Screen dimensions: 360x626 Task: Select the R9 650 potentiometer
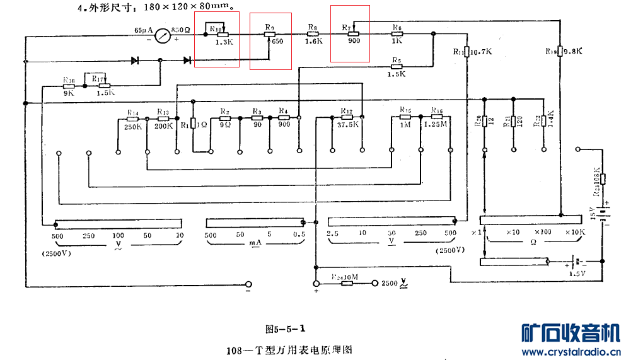click(270, 35)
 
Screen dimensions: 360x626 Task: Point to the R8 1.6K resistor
click(313, 35)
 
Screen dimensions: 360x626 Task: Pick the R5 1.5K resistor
click(396, 66)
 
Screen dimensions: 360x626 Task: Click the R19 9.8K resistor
click(560, 51)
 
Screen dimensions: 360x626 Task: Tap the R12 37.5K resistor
click(347, 117)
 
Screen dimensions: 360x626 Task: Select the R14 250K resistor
click(132, 118)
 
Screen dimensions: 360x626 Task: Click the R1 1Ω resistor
click(193, 125)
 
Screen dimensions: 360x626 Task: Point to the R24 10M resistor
click(346, 283)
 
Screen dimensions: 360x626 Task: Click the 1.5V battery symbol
click(576, 261)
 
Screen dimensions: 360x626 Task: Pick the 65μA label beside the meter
click(143, 30)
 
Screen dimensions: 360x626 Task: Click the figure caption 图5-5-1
click(287, 328)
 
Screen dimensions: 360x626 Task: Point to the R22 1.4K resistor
click(543, 121)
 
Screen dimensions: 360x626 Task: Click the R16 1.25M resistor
click(436, 117)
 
